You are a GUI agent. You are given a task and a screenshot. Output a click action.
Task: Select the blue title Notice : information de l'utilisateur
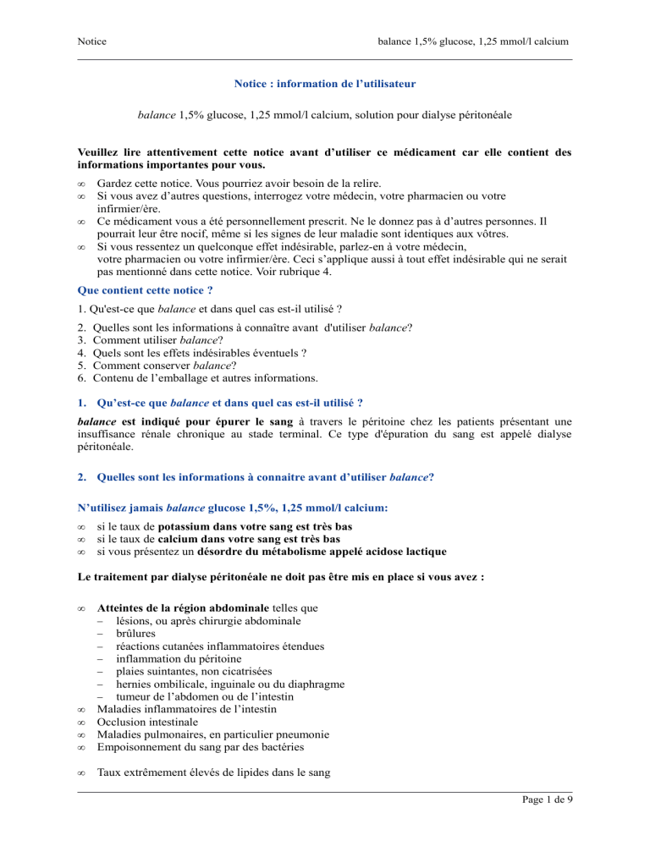click(324, 85)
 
